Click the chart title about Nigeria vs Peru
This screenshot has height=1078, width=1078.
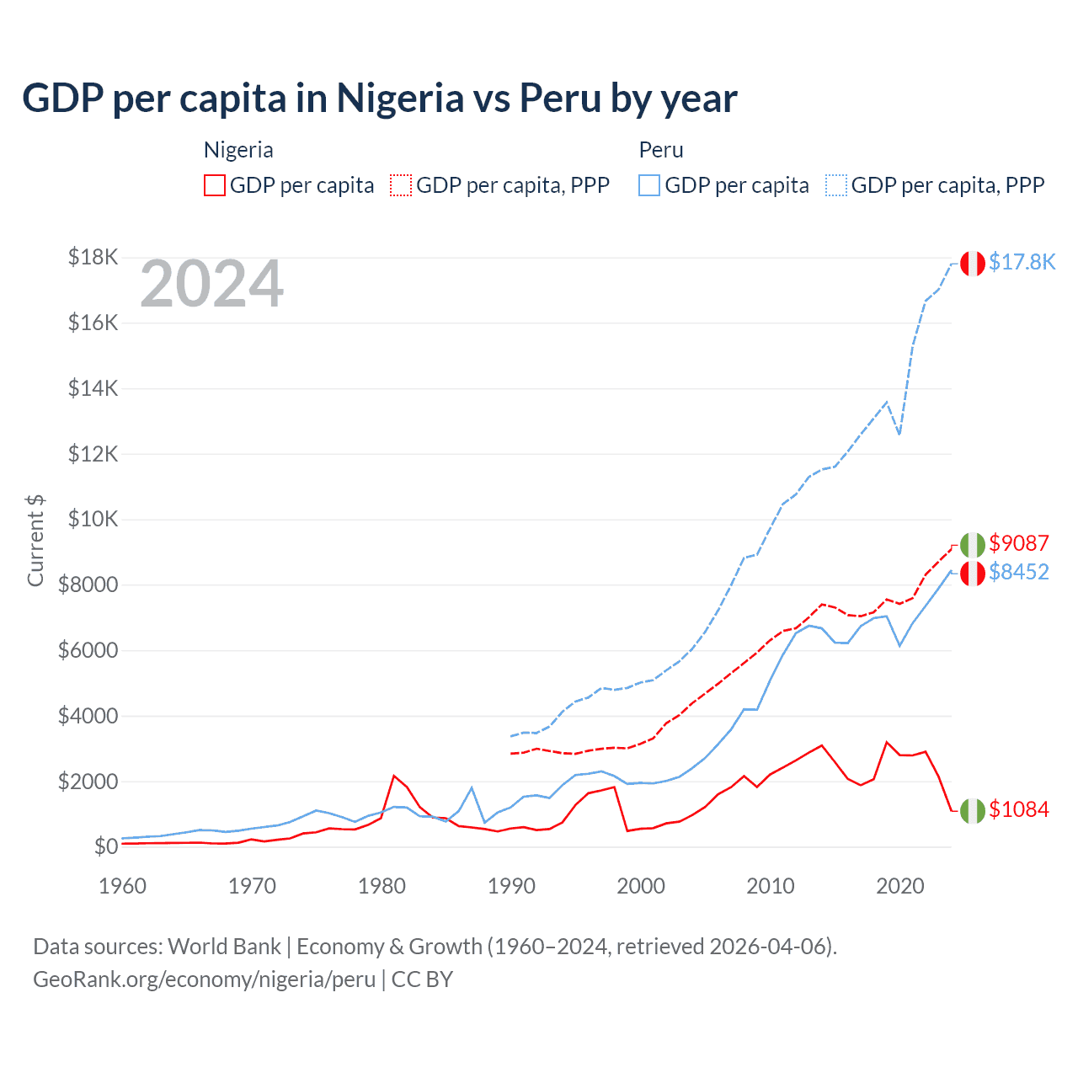tap(380, 99)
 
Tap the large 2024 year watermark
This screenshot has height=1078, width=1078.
tap(211, 285)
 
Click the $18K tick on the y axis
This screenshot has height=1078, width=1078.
tap(93, 257)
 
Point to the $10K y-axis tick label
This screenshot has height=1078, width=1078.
tap(93, 519)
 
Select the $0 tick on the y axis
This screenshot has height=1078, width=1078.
tap(105, 846)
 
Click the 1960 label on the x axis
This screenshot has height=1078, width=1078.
tap(123, 886)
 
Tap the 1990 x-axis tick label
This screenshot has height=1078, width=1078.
tap(511, 886)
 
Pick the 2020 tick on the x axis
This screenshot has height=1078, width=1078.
tap(900, 886)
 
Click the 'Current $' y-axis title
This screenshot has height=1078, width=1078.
tap(35, 541)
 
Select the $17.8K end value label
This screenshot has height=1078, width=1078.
tap(1022, 262)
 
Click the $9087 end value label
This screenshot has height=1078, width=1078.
tap(1019, 543)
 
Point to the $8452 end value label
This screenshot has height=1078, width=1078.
tap(1019, 572)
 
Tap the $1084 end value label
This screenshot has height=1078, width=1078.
tap(1019, 809)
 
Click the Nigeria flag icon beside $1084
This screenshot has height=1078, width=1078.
tap(973, 810)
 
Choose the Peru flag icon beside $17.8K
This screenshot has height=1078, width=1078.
tap(973, 263)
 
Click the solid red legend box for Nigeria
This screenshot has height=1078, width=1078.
tap(215, 185)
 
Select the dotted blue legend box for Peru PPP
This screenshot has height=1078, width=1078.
tap(836, 185)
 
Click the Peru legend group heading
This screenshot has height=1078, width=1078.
tap(661, 150)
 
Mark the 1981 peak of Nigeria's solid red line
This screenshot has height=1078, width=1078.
tap(394, 776)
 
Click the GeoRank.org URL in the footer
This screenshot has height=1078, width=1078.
tap(205, 979)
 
